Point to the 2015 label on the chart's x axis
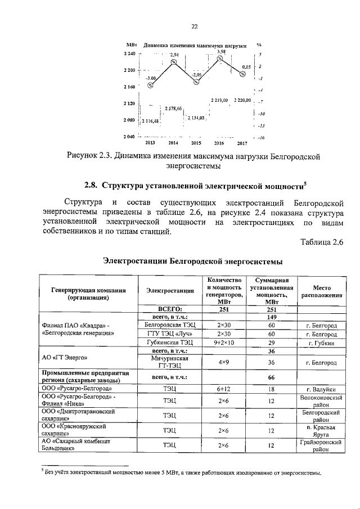click(196, 143)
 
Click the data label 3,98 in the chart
click(221, 52)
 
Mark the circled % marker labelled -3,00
click(150, 85)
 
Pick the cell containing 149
click(271, 317)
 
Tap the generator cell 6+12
click(224, 388)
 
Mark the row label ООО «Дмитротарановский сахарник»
click(79, 416)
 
